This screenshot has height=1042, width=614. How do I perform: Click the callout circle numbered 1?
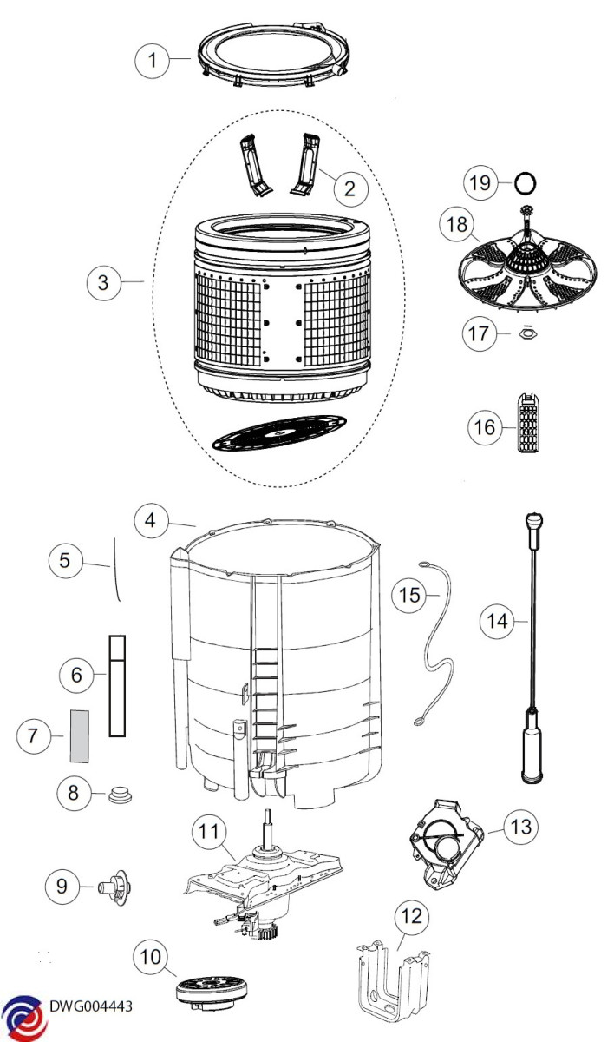point(153,60)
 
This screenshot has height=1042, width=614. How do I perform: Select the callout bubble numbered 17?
point(479,333)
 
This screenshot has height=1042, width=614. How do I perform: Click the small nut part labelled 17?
point(526,333)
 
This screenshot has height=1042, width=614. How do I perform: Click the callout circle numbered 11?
point(208,831)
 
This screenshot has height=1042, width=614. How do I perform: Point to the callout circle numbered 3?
point(103,283)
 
